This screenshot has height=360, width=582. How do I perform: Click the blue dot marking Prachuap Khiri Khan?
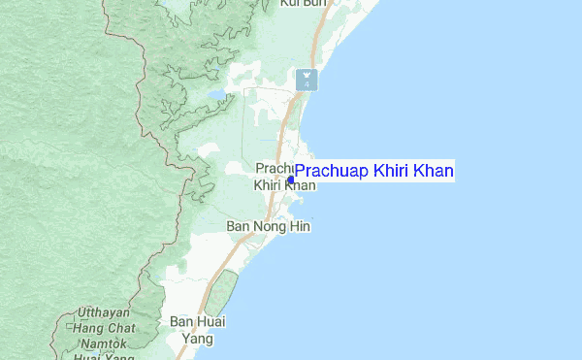click(291, 180)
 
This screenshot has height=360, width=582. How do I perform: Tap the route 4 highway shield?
click(307, 81)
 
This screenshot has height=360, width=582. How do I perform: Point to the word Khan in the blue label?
click(433, 171)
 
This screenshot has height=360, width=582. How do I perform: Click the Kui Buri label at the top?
click(301, 4)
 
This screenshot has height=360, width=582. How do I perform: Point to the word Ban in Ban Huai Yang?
click(182, 321)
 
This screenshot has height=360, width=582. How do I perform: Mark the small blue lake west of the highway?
click(216, 96)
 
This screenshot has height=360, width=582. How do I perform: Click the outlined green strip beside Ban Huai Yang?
click(223, 293)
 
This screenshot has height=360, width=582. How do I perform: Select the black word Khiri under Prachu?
click(265, 185)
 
